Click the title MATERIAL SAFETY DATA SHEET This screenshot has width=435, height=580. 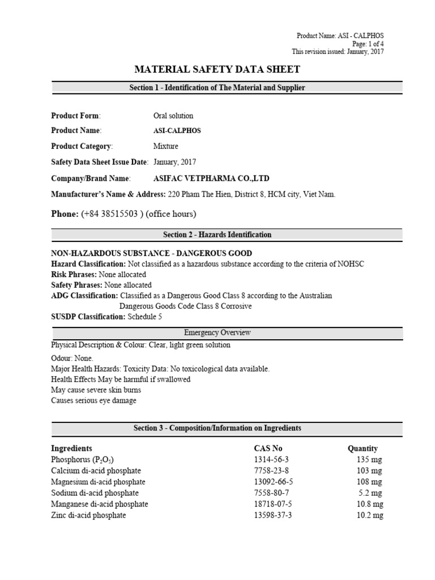point(217,70)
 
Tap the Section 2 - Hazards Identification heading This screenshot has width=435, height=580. point(217,234)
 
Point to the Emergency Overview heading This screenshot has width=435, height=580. point(217,332)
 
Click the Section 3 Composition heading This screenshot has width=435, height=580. point(217,428)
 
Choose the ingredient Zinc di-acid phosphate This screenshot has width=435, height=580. point(88,515)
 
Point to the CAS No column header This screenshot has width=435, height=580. point(268,448)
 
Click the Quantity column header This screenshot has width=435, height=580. point(362,448)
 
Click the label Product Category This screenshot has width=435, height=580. point(82,146)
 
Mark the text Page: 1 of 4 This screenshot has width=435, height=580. point(368,44)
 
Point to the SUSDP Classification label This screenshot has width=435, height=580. point(88,317)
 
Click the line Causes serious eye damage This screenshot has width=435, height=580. point(93,400)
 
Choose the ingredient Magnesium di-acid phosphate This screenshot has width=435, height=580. point(98,482)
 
